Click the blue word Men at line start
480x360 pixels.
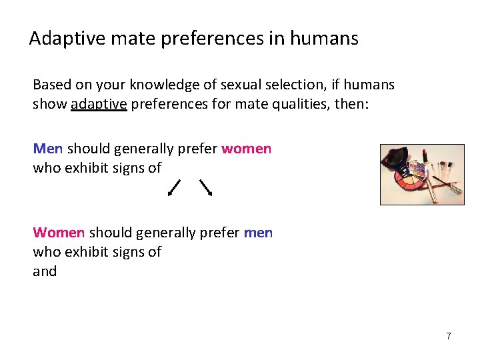pyautogui.click(x=48, y=148)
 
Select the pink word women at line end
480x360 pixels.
pyautogui.click(x=246, y=148)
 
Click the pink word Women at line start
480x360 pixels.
pyautogui.click(x=59, y=233)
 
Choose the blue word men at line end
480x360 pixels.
pyautogui.click(x=258, y=233)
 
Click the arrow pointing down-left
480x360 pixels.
pyautogui.click(x=174, y=187)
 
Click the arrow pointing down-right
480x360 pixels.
pyautogui.click(x=206, y=187)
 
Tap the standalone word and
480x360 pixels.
pyautogui.click(x=45, y=271)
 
